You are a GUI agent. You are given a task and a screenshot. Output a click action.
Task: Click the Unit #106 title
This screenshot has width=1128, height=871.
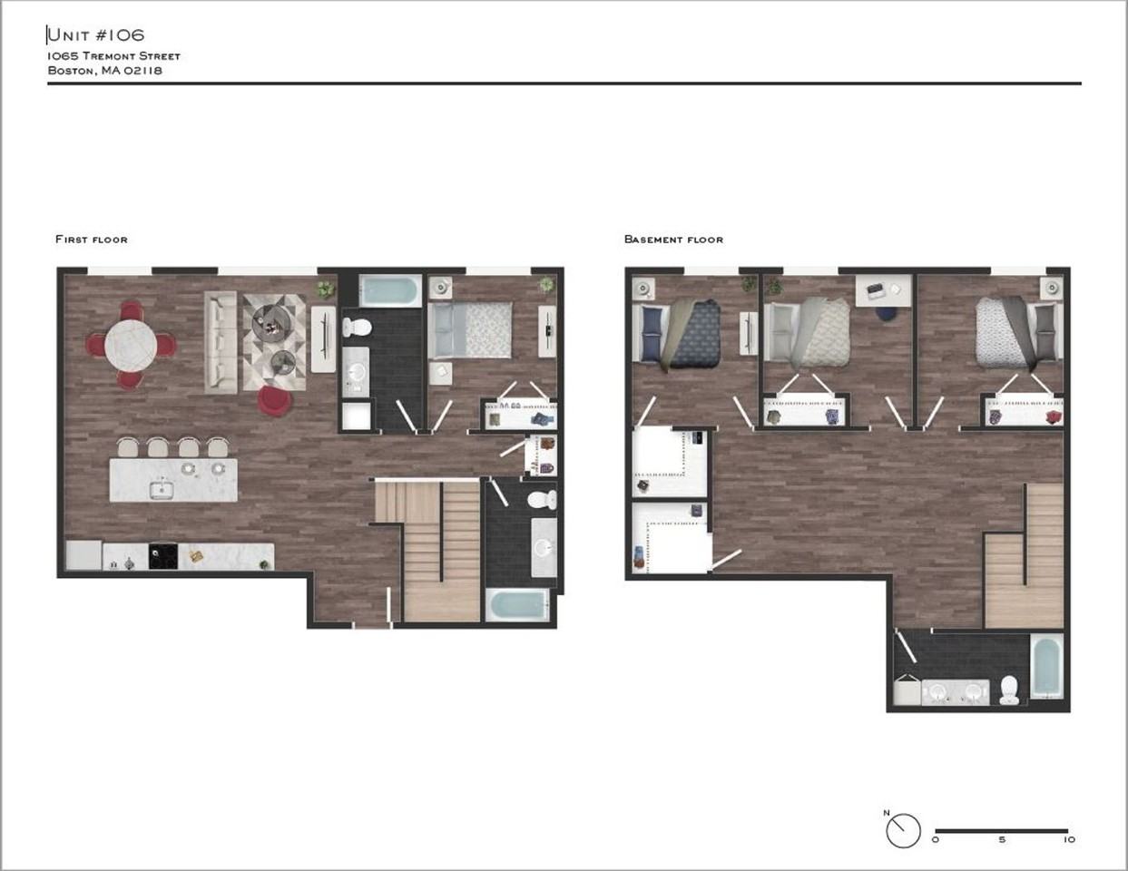tap(95, 35)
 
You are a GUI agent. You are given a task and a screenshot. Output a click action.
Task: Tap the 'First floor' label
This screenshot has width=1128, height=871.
tap(92, 240)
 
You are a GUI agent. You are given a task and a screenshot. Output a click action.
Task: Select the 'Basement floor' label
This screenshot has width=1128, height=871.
tap(673, 240)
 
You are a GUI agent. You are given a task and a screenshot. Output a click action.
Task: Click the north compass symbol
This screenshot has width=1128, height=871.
tap(903, 830)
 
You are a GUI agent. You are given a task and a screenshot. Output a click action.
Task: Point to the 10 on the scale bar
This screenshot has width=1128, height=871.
tap(1069, 840)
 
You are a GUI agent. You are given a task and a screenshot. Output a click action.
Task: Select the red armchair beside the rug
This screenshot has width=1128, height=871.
tap(274, 400)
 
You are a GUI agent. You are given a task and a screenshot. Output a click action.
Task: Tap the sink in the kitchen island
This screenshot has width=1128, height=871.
tap(163, 490)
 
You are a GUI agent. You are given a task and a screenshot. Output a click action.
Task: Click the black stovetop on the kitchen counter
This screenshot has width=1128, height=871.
tap(162, 555)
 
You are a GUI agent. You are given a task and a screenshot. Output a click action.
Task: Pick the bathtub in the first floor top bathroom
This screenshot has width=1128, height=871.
tap(390, 291)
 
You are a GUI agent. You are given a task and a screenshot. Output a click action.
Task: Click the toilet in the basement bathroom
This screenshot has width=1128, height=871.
tap(1008, 690)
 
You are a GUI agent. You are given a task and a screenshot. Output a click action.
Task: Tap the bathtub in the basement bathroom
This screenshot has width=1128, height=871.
tap(1046, 668)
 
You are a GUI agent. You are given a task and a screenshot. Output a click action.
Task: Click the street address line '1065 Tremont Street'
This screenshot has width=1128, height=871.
tap(114, 56)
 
